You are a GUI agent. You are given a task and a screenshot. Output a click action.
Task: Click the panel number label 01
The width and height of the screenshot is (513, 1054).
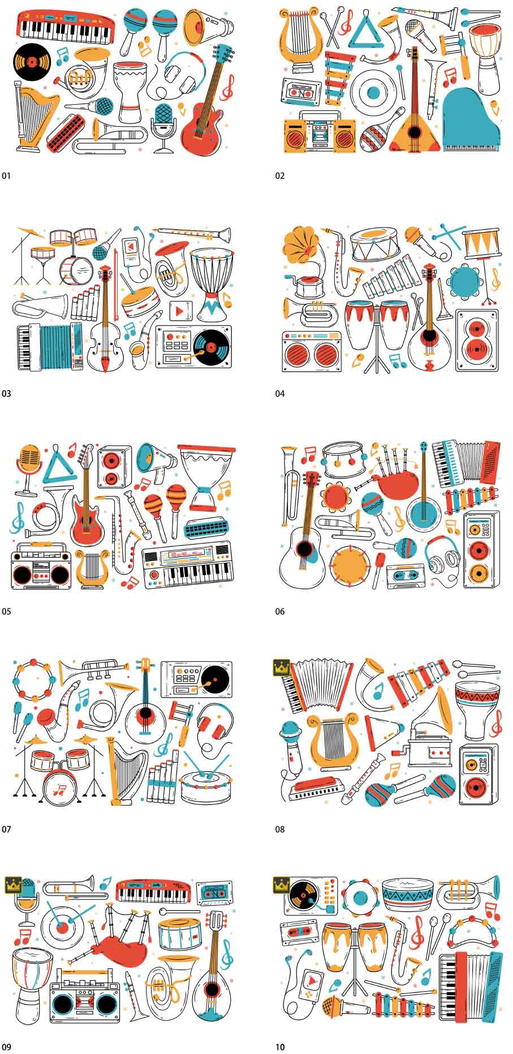(6, 176)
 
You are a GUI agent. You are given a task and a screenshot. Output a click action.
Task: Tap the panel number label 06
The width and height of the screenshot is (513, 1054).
(280, 611)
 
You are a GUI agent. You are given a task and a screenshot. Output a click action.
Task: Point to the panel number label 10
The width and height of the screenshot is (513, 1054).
(280, 1047)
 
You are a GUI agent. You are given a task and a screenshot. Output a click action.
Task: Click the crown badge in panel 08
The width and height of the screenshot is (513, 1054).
(281, 668)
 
